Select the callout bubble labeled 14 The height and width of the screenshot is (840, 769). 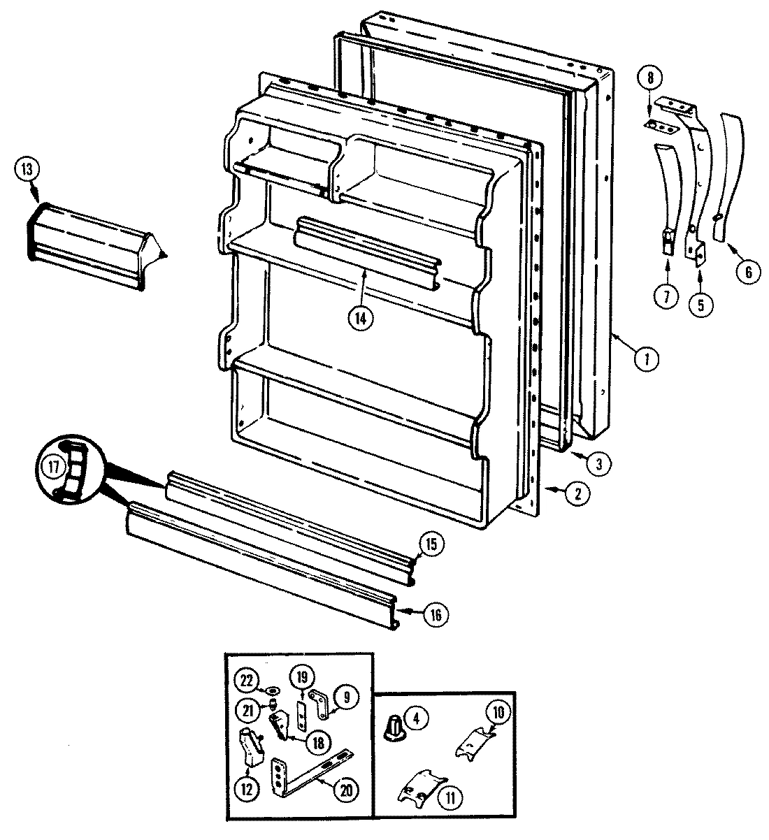pos(361,317)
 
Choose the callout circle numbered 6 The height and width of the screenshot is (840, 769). pos(747,272)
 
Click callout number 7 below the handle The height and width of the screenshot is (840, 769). pos(666,296)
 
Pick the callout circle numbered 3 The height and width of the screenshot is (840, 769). pos(599,462)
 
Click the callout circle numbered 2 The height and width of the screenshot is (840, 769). pos(577,494)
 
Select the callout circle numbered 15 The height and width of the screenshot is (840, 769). pos(431,544)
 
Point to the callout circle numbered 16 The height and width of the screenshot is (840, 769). pos(436,614)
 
